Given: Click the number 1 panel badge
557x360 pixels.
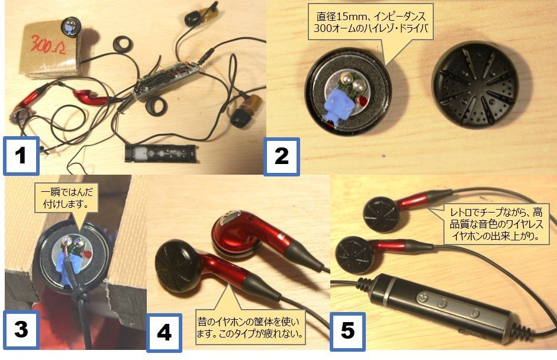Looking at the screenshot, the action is click(21, 156).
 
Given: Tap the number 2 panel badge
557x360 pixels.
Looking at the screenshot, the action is click(281, 157).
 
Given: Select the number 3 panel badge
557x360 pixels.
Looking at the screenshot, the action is click(21, 329).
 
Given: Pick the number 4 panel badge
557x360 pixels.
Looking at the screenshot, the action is click(164, 333).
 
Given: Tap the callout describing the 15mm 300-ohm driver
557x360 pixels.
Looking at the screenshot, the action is click(371, 22).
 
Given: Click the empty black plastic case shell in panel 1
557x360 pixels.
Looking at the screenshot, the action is click(162, 153).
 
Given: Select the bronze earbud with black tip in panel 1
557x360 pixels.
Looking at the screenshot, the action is click(244, 110).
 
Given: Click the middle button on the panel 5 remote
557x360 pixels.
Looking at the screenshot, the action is click(442, 303).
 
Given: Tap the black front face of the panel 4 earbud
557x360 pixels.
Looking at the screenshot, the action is click(175, 266).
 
